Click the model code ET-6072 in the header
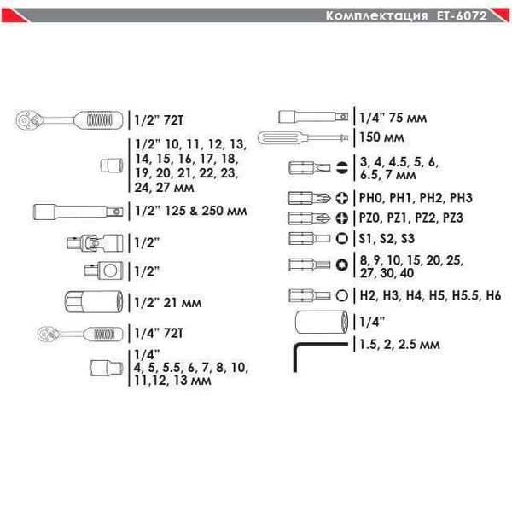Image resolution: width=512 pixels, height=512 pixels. (x=462, y=15)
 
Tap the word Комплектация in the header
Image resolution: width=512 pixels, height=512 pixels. (x=376, y=16)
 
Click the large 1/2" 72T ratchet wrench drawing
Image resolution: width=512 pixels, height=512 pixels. (x=70, y=120)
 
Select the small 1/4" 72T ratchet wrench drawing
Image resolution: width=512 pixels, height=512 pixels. (x=80, y=334)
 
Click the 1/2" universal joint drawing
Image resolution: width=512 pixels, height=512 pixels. (x=95, y=243)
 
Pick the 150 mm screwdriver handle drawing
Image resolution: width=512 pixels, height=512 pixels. (x=303, y=137)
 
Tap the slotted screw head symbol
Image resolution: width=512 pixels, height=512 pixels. (x=342, y=168)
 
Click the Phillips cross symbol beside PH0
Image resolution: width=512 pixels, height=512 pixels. (x=342, y=198)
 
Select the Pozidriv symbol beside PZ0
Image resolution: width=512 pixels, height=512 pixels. (x=342, y=218)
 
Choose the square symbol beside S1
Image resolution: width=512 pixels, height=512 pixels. (x=342, y=238)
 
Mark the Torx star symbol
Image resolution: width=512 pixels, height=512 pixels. (x=342, y=265)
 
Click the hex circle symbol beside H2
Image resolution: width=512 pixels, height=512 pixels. (x=342, y=295)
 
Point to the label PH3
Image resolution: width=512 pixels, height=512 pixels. (x=461, y=198)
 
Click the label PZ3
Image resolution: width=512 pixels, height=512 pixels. (x=452, y=218)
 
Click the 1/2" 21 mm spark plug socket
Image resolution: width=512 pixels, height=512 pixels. (x=94, y=302)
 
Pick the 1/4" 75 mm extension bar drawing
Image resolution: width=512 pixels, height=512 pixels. (x=313, y=117)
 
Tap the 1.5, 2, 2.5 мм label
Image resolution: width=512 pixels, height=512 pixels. (x=399, y=345)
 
